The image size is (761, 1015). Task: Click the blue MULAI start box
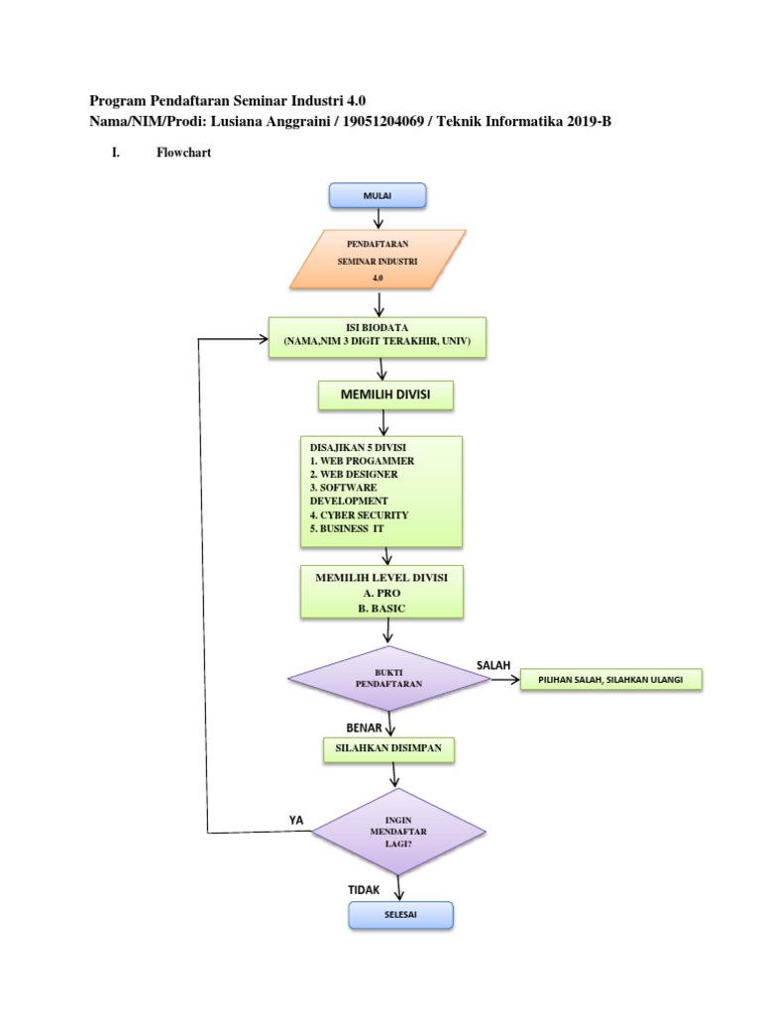click(x=378, y=196)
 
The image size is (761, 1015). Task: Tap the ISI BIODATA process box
click(x=377, y=337)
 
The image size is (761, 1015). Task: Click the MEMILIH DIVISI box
click(x=384, y=396)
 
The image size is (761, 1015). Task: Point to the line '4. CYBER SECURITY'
click(x=359, y=515)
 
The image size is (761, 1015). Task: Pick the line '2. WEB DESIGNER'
click(x=354, y=474)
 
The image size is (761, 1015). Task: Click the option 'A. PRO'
click(x=381, y=592)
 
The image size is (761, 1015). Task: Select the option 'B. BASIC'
click(x=381, y=607)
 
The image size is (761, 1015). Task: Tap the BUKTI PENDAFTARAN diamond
click(x=381, y=679)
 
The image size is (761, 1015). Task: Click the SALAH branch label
click(x=492, y=662)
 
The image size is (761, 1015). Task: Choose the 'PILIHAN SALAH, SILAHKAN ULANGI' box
click(x=611, y=680)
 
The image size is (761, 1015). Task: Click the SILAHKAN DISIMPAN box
click(x=388, y=750)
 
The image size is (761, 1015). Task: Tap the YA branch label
click(x=295, y=820)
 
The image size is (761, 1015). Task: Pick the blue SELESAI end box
click(x=400, y=916)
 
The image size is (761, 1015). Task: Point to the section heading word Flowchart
click(x=183, y=154)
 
